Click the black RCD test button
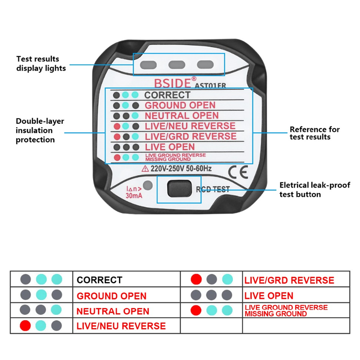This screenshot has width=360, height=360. pyautogui.click(x=180, y=189)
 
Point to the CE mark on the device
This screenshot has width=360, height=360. pyautogui.click(x=238, y=172)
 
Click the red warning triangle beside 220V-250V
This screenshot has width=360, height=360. pyautogui.click(x=145, y=169)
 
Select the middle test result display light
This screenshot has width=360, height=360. pyautogui.click(x=177, y=64)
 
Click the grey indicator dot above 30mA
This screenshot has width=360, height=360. pyautogui.click(x=148, y=185)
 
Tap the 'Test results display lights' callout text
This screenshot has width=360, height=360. pyautogui.click(x=41, y=63)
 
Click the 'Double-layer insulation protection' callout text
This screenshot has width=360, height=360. pyautogui.click(x=40, y=130)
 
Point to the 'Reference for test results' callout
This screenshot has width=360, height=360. pyautogui.click(x=314, y=133)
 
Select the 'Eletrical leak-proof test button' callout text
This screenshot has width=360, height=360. pyautogui.click(x=315, y=190)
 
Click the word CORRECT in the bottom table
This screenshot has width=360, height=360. pyautogui.click(x=99, y=280)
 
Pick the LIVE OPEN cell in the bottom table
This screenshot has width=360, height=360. pyautogui.click(x=269, y=296)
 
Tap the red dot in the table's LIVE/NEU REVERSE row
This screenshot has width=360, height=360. pyautogui.click(x=25, y=325)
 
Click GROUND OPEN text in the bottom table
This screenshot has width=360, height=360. pyautogui.click(x=111, y=296)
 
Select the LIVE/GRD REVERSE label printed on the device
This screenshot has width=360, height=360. pyautogui.click(x=191, y=136)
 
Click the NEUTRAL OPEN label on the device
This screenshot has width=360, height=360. pyautogui.click(x=181, y=116)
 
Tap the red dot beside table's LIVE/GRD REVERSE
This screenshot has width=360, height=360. pyautogui.click(x=196, y=279)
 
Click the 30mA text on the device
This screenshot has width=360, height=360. pyautogui.click(x=134, y=196)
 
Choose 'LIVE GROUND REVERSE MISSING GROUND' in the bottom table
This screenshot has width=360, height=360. pyautogui.click(x=286, y=311)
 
